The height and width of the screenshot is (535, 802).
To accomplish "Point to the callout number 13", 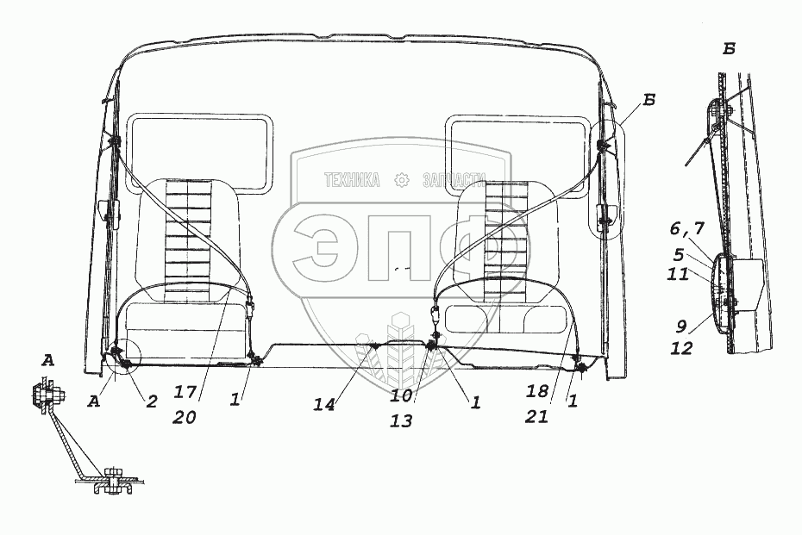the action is [x=401, y=421].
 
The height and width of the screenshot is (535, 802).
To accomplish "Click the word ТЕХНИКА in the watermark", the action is [x=352, y=181].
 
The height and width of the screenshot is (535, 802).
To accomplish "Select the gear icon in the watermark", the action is [x=400, y=181].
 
